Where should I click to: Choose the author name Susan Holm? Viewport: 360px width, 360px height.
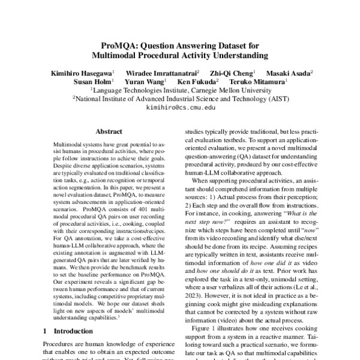pos(91,81)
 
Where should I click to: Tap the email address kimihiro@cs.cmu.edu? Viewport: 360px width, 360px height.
pos(180,107)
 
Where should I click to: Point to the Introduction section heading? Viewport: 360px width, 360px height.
pos(73,331)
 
